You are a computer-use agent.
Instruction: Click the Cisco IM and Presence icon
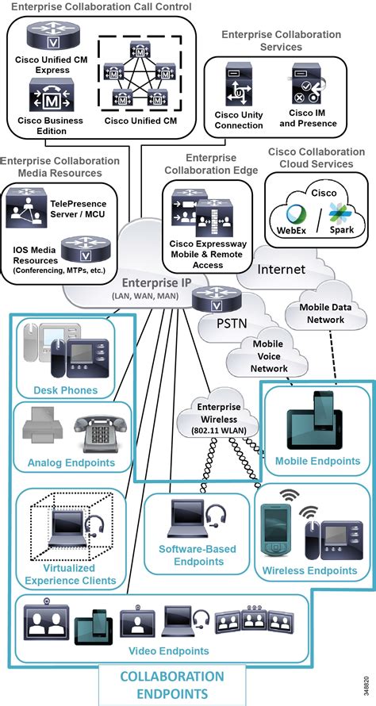tap(307, 87)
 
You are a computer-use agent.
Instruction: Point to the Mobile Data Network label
tap(322, 313)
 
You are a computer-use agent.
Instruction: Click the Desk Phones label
tap(65, 389)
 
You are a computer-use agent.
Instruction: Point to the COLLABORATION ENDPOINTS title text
tap(171, 684)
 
